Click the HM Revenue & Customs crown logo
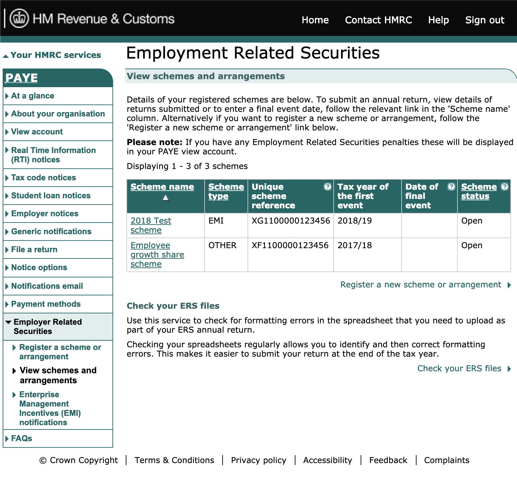click(x=19, y=18)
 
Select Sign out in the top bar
click(x=484, y=20)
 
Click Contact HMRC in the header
click(x=378, y=20)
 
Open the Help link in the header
click(x=438, y=20)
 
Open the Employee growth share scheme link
click(x=157, y=254)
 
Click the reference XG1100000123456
click(x=290, y=221)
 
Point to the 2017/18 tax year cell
click(x=355, y=246)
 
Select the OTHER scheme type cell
click(x=222, y=246)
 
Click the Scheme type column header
click(x=226, y=191)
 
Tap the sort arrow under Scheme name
click(x=166, y=198)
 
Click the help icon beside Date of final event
click(x=451, y=187)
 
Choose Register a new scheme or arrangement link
click(x=421, y=285)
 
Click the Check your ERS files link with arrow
click(x=459, y=369)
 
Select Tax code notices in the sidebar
click(x=44, y=178)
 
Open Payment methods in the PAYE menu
click(x=46, y=304)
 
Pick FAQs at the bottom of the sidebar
click(x=22, y=438)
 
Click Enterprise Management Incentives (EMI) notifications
click(x=50, y=409)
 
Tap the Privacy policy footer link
click(x=258, y=460)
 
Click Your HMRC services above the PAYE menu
click(x=56, y=55)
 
